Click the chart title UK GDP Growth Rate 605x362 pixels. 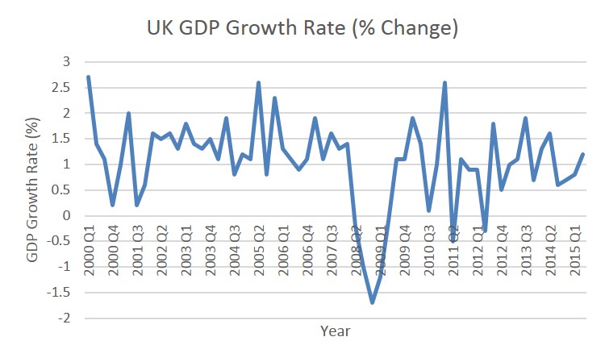pos(302,28)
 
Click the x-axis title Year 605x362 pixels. pos(335,331)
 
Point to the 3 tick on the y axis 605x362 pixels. pos(66,62)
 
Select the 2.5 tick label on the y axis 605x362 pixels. pos(60,87)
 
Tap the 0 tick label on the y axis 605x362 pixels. pos(66,216)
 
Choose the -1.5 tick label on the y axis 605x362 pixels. pos(58,293)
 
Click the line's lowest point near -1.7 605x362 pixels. pos(372,302)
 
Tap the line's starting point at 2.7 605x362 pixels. pos(88,77)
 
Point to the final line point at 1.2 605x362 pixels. pos(582,154)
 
